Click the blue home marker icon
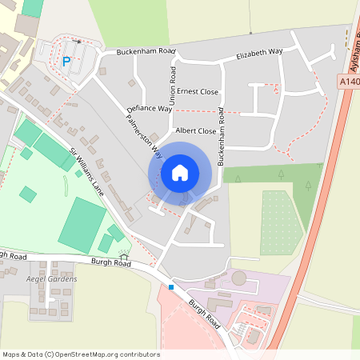click(x=180, y=173)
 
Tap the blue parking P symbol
click(x=66, y=61)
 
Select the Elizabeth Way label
click(x=260, y=54)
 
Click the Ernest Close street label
click(x=198, y=91)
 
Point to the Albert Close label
click(x=196, y=130)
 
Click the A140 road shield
click(x=350, y=81)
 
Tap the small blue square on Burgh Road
click(x=170, y=286)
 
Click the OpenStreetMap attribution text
click(x=80, y=354)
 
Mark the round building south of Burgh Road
click(x=239, y=278)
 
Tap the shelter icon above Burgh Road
click(x=123, y=254)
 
